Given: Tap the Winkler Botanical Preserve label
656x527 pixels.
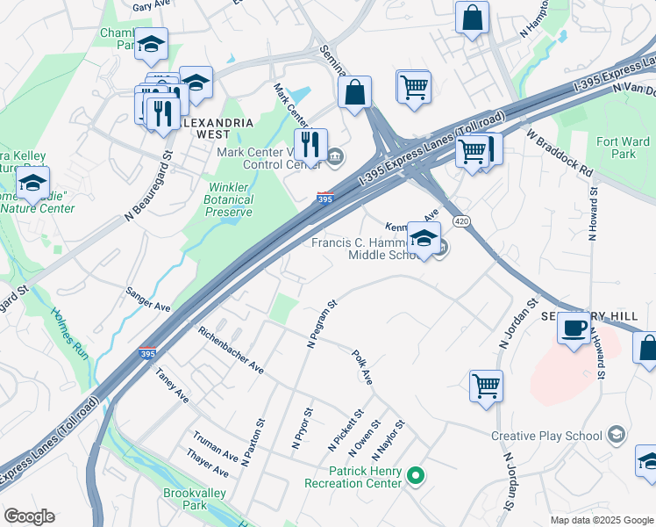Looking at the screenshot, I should (231, 199).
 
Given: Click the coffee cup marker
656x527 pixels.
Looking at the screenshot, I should (574, 328).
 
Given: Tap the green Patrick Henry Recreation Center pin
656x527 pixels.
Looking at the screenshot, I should (417, 477).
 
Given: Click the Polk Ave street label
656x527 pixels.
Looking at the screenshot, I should (362, 366).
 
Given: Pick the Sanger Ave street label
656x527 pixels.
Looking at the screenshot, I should (147, 300).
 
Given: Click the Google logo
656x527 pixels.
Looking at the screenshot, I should (29, 516).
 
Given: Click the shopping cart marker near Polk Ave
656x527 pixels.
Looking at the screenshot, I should (486, 385).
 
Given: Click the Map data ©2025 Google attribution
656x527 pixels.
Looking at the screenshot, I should (602, 519).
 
